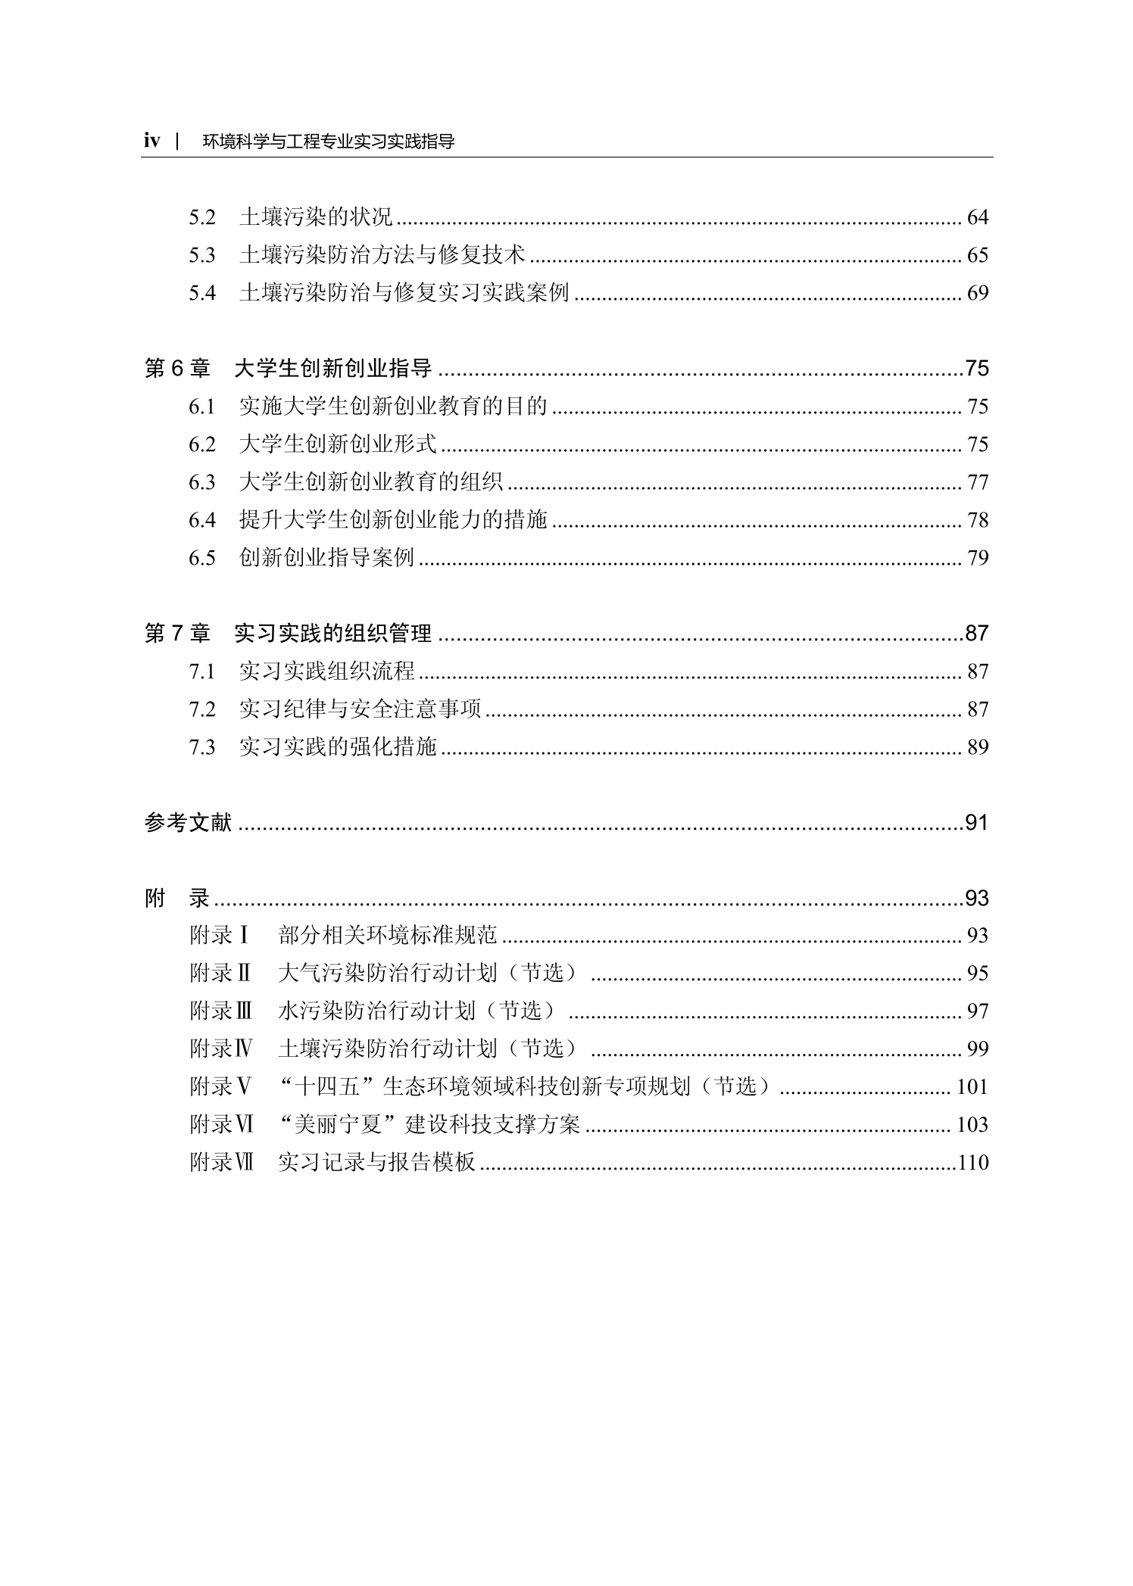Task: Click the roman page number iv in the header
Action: [152, 141]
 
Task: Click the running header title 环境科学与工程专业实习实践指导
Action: [329, 142]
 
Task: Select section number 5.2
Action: [202, 217]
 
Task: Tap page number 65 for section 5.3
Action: [977, 255]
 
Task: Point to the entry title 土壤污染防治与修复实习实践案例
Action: [404, 293]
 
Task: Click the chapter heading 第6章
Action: [177, 369]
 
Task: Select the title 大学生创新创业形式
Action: [337, 444]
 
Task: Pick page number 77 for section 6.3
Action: [977, 482]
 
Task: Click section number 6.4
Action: [202, 520]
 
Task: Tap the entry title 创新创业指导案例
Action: [326, 558]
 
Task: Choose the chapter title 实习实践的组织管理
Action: [332, 634]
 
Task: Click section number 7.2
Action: [202, 709]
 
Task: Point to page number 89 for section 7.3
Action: [977, 747]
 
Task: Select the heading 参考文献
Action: [188, 822]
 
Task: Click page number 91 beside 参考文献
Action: [976, 822]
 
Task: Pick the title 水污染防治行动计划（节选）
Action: [417, 1011]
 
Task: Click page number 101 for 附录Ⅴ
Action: [972, 1087]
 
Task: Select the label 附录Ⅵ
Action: [221, 1125]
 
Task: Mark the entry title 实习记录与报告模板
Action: [376, 1163]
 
